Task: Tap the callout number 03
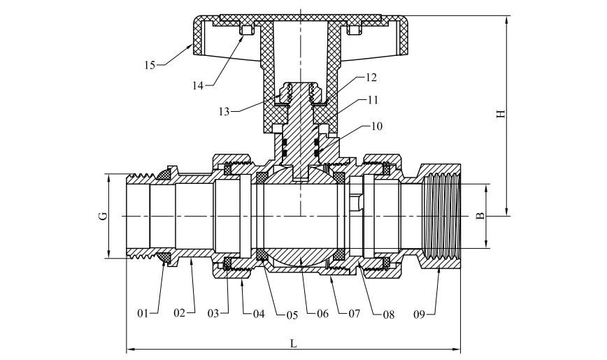215,312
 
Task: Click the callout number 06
322,314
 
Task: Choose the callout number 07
355,314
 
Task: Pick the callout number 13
224,111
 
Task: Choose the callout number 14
199,85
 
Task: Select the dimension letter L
293,343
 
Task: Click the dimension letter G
103,217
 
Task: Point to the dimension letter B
480,217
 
